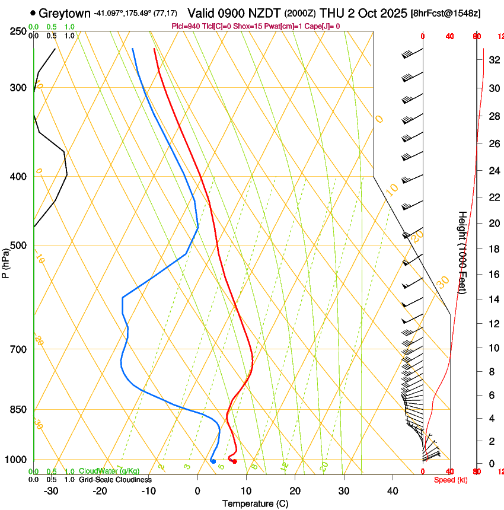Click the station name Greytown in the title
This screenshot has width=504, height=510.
(65, 12)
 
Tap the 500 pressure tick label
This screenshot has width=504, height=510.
(17, 246)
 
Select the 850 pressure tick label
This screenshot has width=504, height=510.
(17, 410)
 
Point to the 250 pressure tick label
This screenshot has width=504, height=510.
(17, 31)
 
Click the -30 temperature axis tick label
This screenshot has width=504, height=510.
(51, 491)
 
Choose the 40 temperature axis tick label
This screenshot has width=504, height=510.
(393, 491)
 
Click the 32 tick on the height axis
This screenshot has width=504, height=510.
(493, 60)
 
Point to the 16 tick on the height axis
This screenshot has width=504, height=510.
(493, 275)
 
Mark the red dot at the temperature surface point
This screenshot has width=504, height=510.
(235, 461)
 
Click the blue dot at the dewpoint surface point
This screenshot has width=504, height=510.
(213, 461)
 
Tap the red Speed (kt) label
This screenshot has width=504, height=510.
(451, 480)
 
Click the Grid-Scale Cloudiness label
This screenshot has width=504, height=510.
(115, 480)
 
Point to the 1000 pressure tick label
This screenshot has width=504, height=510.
(14, 460)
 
